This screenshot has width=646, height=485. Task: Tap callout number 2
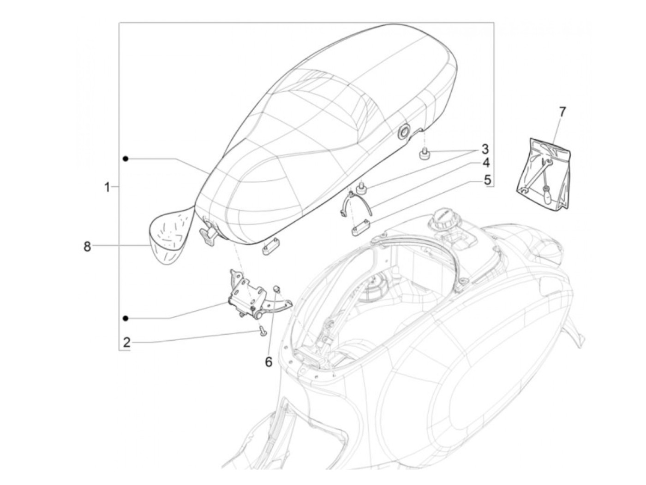point(126,342)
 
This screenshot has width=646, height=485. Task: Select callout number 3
point(484,149)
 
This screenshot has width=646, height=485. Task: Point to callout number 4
point(486,163)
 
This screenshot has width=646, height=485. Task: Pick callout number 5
point(487,179)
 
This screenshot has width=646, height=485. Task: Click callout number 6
point(269,361)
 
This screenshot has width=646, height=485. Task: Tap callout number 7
point(562,112)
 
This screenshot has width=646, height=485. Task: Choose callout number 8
point(87,247)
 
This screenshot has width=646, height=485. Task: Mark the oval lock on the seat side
point(403,132)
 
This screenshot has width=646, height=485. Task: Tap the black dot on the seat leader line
point(126,159)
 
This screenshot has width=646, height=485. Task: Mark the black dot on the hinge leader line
point(126,318)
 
